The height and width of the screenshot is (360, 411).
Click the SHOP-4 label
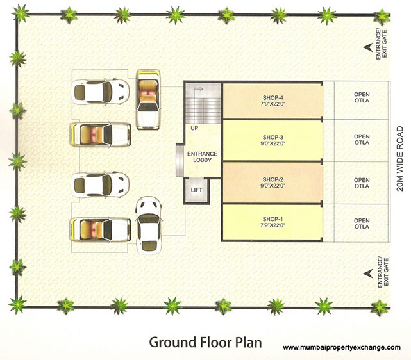click(x=273, y=97)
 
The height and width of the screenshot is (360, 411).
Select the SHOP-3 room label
click(x=273, y=138)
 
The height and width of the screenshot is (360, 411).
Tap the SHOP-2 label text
click(x=273, y=180)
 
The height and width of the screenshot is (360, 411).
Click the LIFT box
click(x=196, y=190)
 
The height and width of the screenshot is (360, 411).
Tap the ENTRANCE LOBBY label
click(x=202, y=158)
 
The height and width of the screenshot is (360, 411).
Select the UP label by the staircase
click(x=194, y=129)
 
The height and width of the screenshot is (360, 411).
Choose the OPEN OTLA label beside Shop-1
click(x=362, y=224)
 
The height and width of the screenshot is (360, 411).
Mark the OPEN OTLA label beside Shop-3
click(x=362, y=140)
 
